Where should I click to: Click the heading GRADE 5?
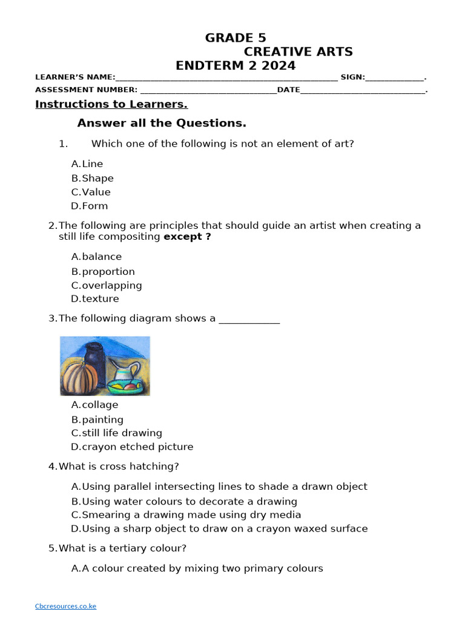[236, 38]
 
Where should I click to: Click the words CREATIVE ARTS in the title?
[298, 52]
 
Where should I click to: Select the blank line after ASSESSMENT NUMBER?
[208, 90]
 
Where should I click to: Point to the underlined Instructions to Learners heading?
[111, 104]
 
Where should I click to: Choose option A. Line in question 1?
[87, 164]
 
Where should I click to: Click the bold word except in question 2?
[187, 237]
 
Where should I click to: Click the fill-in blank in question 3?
[249, 319]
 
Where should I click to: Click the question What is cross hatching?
[114, 467]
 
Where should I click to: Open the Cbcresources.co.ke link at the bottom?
[65, 606]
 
